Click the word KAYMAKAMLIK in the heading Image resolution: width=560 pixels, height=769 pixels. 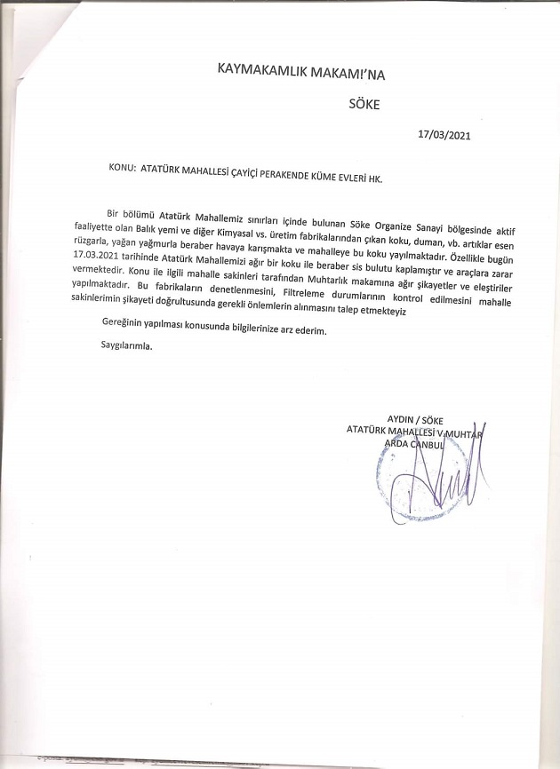coord(255,68)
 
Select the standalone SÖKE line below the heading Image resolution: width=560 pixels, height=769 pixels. coord(364,103)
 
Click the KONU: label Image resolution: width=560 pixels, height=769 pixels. coord(120,166)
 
